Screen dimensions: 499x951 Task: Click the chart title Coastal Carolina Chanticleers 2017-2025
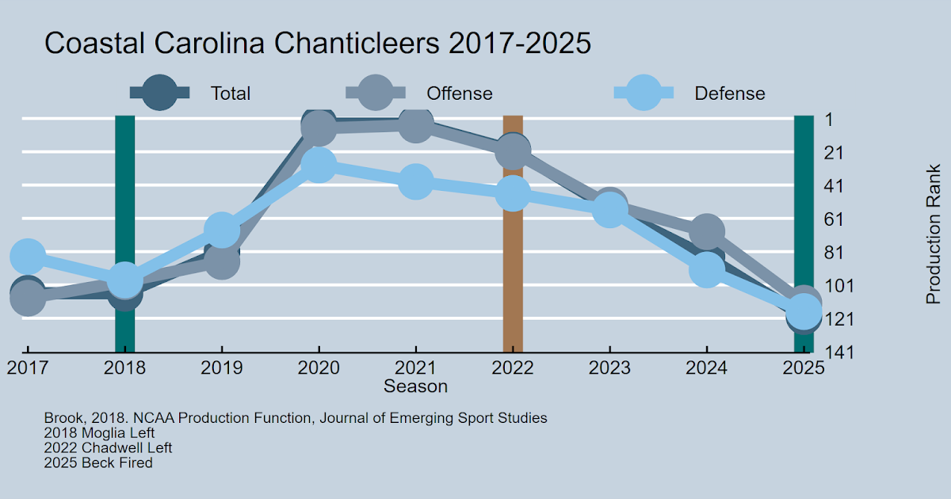317,44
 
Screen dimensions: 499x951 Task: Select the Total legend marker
160,93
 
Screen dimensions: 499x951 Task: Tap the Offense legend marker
376,93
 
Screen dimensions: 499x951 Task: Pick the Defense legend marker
644,93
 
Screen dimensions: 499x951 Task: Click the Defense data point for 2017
28,256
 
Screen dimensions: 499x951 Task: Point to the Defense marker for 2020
319,164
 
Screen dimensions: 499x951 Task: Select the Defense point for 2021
415,181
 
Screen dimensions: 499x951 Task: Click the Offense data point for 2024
706,231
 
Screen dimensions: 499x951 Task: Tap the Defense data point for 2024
706,270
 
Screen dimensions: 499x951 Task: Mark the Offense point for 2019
222,261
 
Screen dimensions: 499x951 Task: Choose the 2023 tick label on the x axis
609,368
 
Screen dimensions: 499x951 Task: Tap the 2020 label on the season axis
319,368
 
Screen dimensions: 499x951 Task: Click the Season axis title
415,387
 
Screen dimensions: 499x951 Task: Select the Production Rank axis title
933,234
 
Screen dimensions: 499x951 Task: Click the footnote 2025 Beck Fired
98,463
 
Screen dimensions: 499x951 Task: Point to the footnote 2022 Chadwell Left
108,448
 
